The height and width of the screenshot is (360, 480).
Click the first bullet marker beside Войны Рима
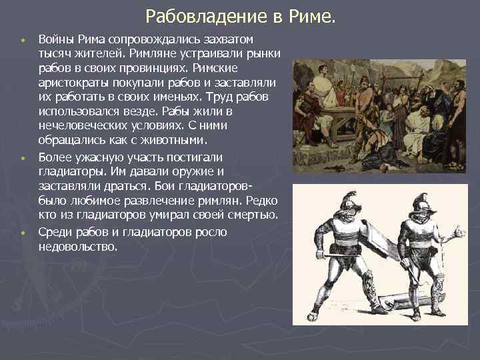(23, 41)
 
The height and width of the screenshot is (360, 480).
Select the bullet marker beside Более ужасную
(23, 159)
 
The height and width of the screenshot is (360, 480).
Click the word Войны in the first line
(55, 39)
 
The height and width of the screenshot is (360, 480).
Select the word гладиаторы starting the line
(71, 171)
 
